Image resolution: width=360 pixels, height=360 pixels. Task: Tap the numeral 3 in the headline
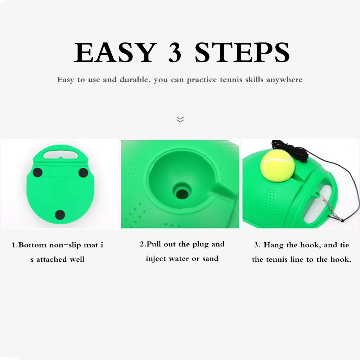(175, 52)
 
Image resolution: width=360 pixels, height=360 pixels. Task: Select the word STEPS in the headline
(242, 52)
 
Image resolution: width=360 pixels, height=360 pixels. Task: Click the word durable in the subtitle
(135, 80)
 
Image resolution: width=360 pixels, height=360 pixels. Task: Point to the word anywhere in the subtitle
(284, 80)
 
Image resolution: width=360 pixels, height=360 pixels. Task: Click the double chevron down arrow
(180, 119)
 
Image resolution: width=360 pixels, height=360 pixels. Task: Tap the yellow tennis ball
(277, 165)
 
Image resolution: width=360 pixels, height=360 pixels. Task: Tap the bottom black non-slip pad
(60, 215)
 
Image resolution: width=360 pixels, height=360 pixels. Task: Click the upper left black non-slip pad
(38, 172)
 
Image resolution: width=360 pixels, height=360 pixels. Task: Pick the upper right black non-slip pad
(83, 173)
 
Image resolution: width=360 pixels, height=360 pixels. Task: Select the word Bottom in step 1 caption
(32, 245)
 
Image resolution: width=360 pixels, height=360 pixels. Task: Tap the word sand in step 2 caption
(210, 258)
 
